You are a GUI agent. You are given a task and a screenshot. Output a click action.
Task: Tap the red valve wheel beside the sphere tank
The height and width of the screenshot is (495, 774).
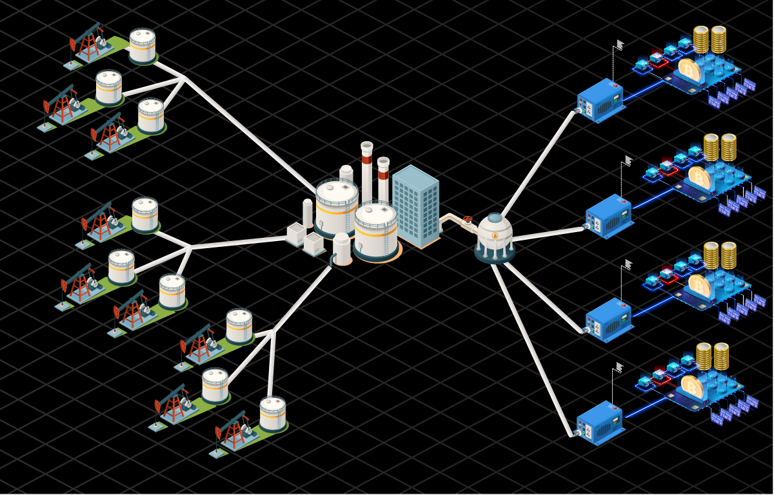click(468, 220)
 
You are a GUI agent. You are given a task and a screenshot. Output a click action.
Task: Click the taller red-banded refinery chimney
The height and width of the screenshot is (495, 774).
click(367, 171)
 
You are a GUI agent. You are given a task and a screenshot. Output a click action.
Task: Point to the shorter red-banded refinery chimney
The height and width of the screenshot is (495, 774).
click(383, 177)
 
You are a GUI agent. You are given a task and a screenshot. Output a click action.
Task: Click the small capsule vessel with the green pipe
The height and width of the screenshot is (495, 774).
click(342, 249)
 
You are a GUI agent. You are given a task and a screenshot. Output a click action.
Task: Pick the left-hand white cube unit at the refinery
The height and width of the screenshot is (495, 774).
click(296, 234)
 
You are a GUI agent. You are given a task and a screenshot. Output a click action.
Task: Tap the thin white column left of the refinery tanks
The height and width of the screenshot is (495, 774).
click(308, 213)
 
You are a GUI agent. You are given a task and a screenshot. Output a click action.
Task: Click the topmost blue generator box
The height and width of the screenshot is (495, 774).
click(600, 100)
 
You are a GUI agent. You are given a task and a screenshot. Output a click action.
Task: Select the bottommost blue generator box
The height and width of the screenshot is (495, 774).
click(599, 423)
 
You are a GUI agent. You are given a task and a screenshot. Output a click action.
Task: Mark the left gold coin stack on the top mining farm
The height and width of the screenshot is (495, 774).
click(700, 39)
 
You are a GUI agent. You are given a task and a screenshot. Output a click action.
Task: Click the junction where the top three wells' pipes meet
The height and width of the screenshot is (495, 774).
click(184, 79)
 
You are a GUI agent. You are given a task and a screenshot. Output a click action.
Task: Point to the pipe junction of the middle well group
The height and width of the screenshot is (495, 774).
click(191, 247)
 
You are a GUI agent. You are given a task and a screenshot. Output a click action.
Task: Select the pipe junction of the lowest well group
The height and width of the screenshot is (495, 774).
click(273, 332)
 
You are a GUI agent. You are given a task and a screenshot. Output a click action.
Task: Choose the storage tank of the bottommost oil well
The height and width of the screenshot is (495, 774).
click(273, 413)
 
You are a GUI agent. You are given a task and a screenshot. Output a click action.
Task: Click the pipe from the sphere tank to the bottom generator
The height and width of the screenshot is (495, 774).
click(532, 348)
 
